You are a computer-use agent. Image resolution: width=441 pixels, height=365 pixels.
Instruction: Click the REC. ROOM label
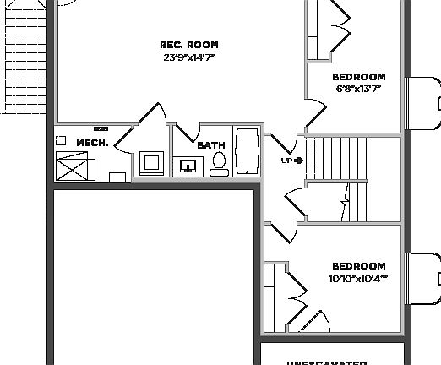(x=189, y=45)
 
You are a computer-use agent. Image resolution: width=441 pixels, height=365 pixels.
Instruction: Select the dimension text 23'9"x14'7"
(x=189, y=57)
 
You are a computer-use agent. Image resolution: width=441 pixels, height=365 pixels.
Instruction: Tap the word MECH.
(x=92, y=143)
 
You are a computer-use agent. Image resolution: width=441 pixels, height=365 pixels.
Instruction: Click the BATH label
(x=211, y=145)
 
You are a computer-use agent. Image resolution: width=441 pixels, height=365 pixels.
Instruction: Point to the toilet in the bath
(x=219, y=163)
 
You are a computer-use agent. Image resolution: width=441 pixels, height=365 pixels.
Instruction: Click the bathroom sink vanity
(x=188, y=166)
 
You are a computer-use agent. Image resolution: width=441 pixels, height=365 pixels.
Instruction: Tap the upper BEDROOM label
(x=358, y=77)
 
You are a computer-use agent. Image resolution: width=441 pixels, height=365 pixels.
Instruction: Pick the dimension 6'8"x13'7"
(x=358, y=88)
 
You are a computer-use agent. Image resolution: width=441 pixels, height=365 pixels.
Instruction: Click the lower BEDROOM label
(x=358, y=266)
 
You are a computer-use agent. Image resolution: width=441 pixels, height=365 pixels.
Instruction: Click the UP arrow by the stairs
(x=298, y=160)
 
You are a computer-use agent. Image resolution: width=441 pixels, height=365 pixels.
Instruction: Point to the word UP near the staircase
(x=286, y=160)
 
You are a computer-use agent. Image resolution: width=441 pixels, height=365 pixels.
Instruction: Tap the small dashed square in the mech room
(x=61, y=140)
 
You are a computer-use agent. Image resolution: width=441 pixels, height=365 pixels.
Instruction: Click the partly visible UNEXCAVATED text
(x=325, y=362)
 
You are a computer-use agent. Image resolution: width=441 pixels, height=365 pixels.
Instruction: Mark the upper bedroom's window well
(x=424, y=105)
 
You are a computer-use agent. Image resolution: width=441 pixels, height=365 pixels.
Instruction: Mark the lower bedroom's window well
(x=424, y=279)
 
